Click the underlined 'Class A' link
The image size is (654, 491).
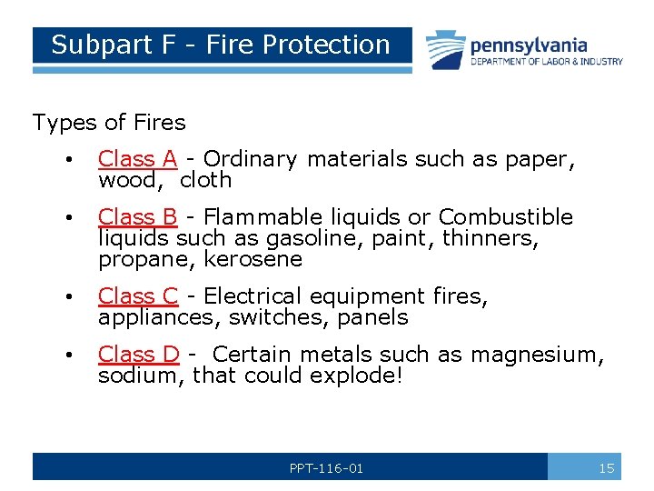[x=138, y=159]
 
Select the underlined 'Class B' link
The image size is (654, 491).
[x=138, y=217]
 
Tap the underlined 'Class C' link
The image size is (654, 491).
[x=138, y=296]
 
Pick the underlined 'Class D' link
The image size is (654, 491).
[x=139, y=355]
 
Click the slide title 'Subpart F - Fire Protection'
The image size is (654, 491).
[x=221, y=45]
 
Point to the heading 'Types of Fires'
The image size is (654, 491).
[x=109, y=123]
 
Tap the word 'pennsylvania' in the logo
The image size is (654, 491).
[x=529, y=45]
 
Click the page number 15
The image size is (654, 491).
[x=607, y=468]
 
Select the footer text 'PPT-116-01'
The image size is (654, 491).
[x=326, y=468]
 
